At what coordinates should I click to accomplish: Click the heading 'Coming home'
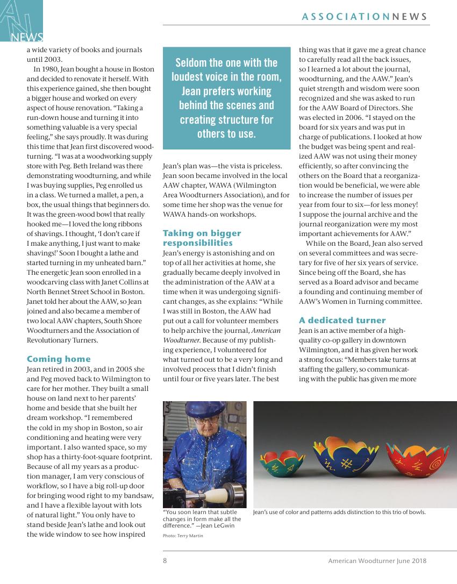pyautogui.click(x=59, y=359)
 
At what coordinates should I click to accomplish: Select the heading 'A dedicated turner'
pyautogui.click(x=342, y=321)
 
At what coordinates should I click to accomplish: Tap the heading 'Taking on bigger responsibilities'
pyautogui.click(x=202, y=238)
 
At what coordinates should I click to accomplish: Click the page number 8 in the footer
pyautogui.click(x=165, y=560)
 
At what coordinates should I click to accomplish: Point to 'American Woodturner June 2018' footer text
pyautogui.click(x=377, y=560)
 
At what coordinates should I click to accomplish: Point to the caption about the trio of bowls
pyautogui.click(x=339, y=512)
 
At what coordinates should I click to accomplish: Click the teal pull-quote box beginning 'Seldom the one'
pyautogui.click(x=226, y=98)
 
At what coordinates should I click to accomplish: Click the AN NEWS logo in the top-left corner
pyautogui.click(x=22, y=22)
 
